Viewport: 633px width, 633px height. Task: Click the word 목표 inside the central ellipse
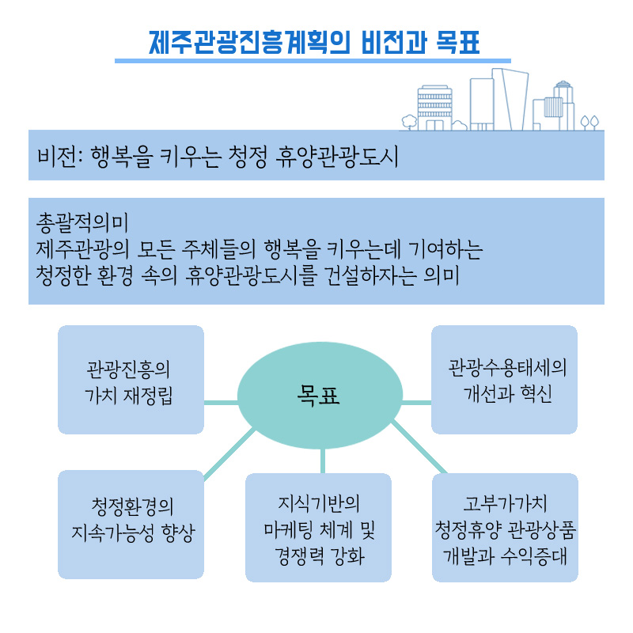pyautogui.click(x=318, y=396)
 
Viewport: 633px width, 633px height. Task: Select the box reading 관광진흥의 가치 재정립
pyautogui.click(x=131, y=380)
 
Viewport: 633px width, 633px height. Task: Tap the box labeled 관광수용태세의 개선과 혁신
pyautogui.click(x=504, y=380)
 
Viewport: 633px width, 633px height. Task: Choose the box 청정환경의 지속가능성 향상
pyautogui.click(x=131, y=525)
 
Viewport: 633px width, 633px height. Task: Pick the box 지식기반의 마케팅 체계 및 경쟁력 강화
pyautogui.click(x=319, y=528)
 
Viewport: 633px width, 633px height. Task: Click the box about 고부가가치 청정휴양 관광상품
pyautogui.click(x=505, y=528)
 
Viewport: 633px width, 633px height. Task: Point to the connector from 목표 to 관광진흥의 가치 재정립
pyautogui.click(x=221, y=403)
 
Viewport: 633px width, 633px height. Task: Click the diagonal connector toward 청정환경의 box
pyautogui.click(x=229, y=454)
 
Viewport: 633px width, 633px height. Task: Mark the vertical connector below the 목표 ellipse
pyautogui.click(x=323, y=461)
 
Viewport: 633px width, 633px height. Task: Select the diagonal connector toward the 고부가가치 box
pyautogui.click(x=419, y=447)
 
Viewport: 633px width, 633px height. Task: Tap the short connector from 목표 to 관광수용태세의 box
pyautogui.click(x=417, y=403)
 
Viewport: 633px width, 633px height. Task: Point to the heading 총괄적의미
pyautogui.click(x=82, y=222)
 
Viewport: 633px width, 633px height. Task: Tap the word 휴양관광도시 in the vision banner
pyautogui.click(x=337, y=156)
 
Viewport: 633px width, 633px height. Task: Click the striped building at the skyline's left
pyautogui.click(x=434, y=108)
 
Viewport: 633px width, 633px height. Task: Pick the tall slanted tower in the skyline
pyautogui.click(x=510, y=100)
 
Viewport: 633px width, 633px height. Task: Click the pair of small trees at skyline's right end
pyautogui.click(x=589, y=123)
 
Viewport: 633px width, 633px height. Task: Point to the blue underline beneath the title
pyautogui.click(x=313, y=61)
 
